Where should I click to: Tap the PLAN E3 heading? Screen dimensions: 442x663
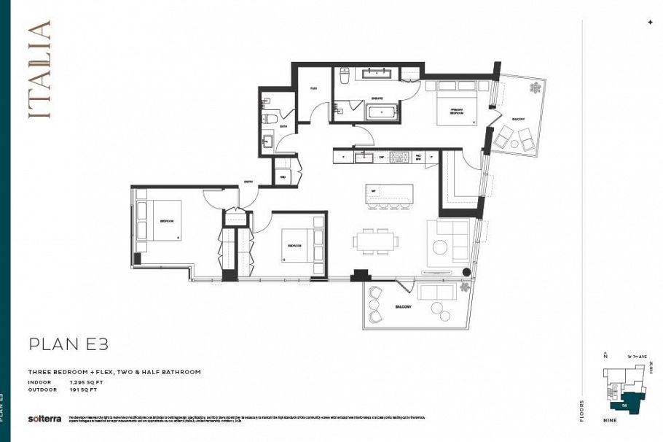(68, 344)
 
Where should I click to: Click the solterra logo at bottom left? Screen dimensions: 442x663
(42, 419)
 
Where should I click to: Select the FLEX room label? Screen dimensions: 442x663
(313, 88)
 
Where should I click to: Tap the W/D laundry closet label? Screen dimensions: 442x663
(282, 176)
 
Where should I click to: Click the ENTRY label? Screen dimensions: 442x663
(248, 183)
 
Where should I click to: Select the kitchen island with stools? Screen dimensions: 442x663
(389, 195)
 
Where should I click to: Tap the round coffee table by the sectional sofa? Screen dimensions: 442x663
(440, 247)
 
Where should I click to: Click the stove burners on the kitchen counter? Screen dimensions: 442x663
(400, 156)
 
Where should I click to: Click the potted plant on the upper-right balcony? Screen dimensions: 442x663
(535, 89)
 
